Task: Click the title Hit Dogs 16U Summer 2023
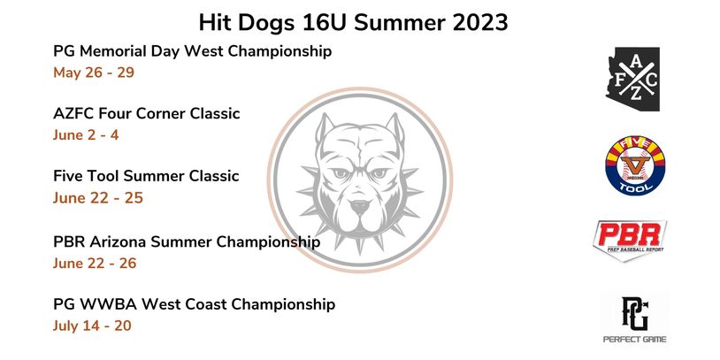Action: (353, 22)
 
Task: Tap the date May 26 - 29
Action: (94, 73)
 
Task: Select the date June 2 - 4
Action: (86, 135)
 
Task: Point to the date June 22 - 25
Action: (98, 198)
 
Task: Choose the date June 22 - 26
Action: (95, 263)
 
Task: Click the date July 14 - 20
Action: (92, 326)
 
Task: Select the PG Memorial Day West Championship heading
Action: (193, 51)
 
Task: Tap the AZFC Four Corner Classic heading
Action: (147, 113)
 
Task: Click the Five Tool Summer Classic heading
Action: (146, 176)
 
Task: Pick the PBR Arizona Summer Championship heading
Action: (187, 242)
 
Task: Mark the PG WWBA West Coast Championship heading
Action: (195, 304)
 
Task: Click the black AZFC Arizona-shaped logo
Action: (632, 79)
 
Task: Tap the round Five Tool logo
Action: (635, 165)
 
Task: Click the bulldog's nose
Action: (360, 207)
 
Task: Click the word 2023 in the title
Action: (480, 22)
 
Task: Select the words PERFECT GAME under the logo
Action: (634, 340)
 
